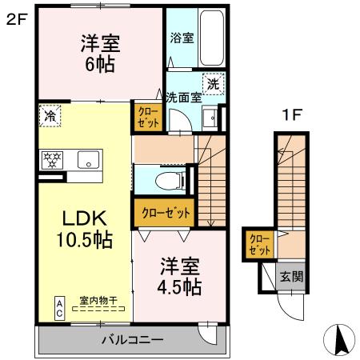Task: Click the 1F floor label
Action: (291, 114)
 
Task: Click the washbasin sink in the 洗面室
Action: (211, 118)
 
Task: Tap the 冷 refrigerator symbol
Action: (50, 116)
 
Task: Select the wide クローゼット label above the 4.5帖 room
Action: (166, 213)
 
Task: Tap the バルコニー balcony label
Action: (131, 340)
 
